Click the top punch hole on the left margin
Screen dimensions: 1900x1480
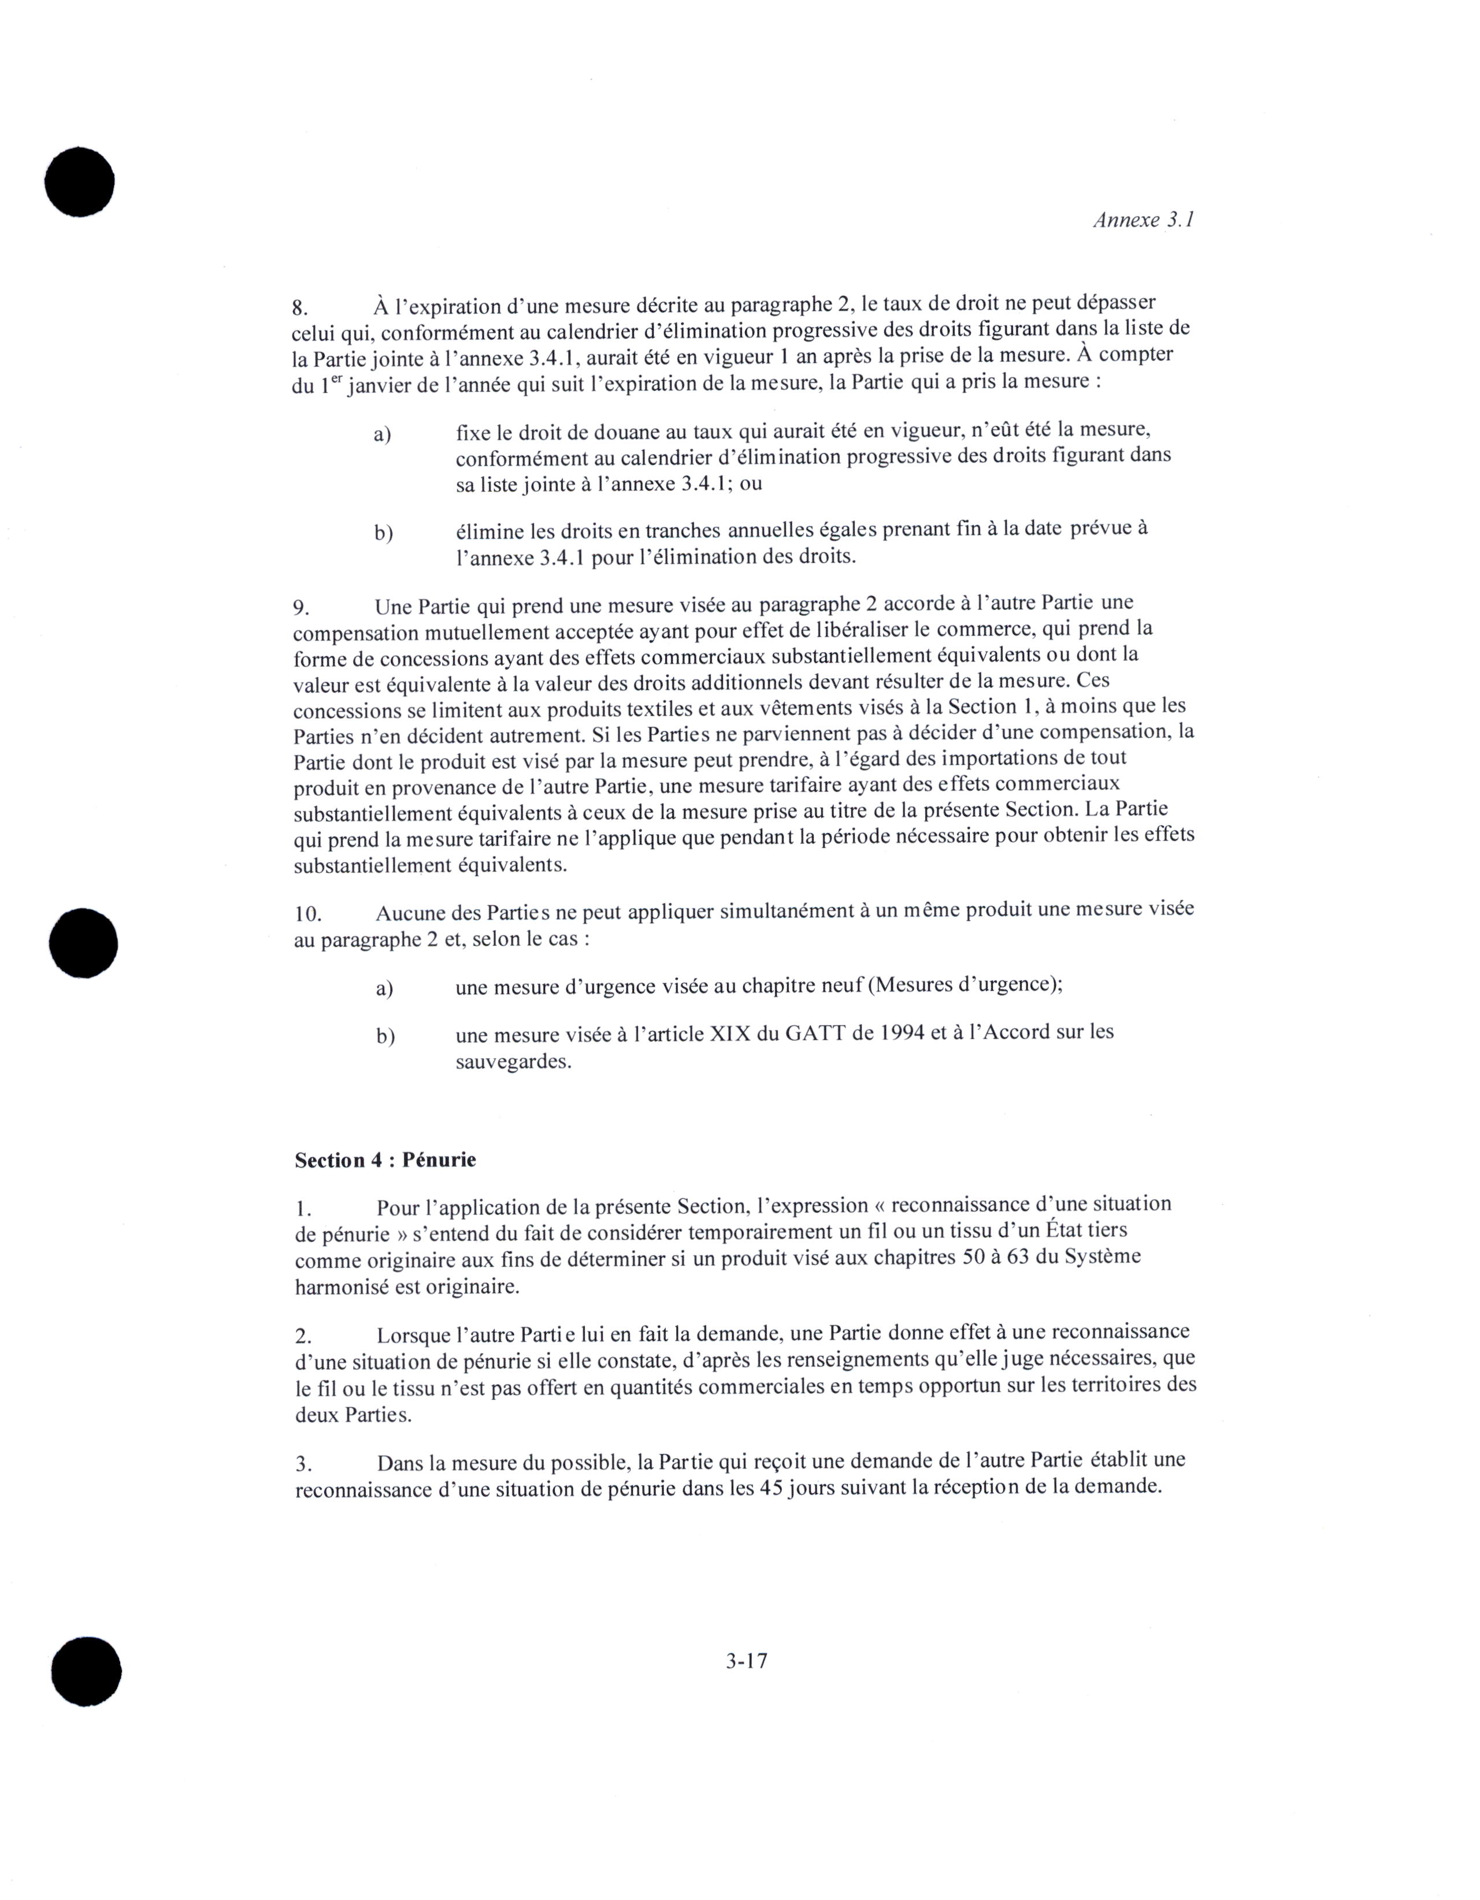coord(80,182)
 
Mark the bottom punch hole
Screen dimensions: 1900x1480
coord(86,1671)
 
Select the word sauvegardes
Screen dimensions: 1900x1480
coord(513,1062)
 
